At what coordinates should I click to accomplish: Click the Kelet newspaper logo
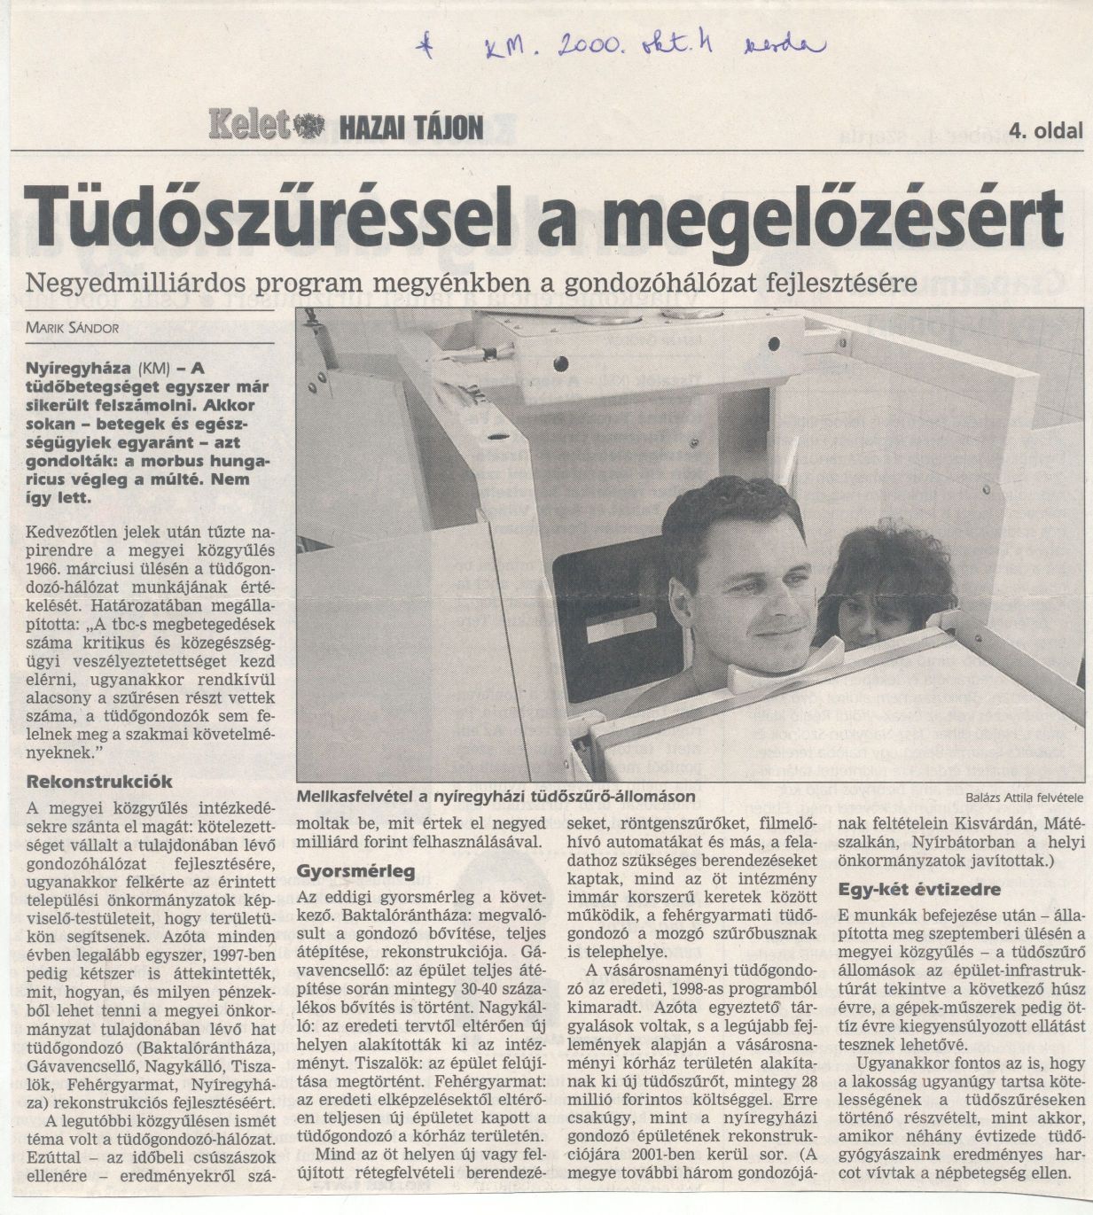[x=251, y=126]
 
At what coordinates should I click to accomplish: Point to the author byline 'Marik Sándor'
[x=73, y=327]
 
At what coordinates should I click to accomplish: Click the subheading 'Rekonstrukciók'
[x=99, y=783]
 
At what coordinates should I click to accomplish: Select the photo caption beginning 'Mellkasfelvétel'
[x=496, y=797]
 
